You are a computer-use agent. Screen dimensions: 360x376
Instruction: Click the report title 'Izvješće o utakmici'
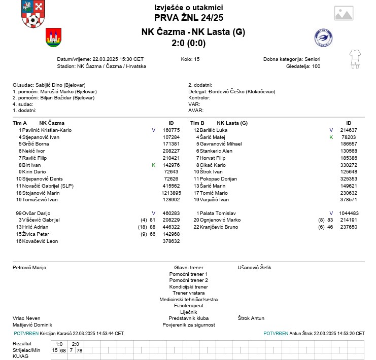point(188,8)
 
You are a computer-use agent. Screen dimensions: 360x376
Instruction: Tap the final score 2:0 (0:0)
point(188,43)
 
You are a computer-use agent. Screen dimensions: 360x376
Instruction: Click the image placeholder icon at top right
point(344,13)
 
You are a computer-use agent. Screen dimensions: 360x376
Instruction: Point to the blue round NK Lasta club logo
point(323,38)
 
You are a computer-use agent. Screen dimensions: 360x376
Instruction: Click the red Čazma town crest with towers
point(53,37)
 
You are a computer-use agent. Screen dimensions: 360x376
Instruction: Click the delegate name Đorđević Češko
point(246,91)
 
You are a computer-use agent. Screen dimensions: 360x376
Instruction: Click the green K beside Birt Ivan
point(153,165)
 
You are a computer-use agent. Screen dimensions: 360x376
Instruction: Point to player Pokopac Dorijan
point(222,179)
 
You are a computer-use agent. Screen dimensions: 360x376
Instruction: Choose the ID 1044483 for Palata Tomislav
point(349,213)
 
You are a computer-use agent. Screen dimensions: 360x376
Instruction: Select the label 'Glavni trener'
point(188,267)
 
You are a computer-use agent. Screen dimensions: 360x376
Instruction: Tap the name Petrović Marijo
point(29,267)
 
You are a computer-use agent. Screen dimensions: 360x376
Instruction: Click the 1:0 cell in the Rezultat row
point(59,344)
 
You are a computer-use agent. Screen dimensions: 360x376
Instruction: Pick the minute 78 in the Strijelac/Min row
point(79,350)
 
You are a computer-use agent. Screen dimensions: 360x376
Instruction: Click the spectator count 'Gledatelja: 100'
point(303,66)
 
